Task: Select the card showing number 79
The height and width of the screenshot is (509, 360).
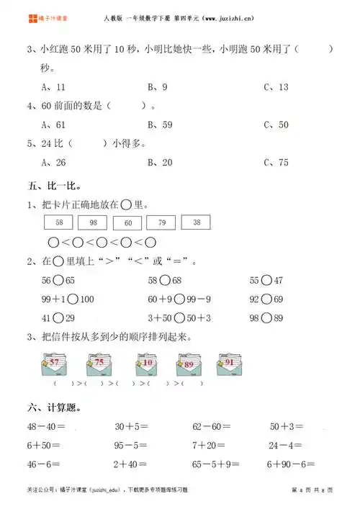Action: [x=162, y=223]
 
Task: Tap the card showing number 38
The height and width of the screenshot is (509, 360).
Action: [x=196, y=223]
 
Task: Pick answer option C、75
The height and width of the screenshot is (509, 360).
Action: [x=276, y=162]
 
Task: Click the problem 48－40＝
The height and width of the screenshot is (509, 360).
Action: [x=46, y=426]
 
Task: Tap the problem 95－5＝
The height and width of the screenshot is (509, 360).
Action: [x=131, y=446]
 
